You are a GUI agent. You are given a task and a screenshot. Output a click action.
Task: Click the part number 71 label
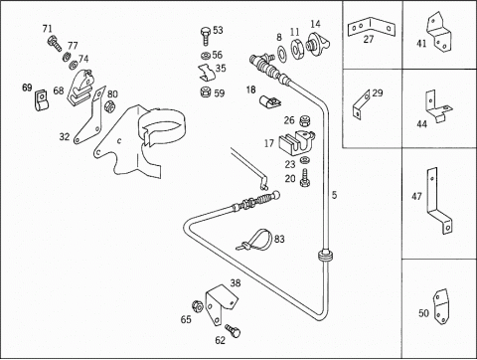(48, 29)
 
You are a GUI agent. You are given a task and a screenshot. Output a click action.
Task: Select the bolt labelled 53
(206, 37)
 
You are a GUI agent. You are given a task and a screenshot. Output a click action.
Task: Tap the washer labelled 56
(205, 55)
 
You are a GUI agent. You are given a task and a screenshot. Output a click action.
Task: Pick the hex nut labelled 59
(206, 91)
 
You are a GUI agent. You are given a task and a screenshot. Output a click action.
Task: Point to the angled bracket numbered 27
(371, 28)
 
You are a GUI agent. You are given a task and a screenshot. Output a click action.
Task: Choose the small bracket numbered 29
(361, 104)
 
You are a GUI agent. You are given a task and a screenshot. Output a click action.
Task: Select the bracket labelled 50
(441, 306)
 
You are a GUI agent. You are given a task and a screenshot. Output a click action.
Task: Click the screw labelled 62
(233, 330)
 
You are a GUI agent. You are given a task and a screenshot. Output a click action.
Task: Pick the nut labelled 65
(198, 306)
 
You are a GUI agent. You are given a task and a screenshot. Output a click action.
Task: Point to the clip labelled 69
(42, 100)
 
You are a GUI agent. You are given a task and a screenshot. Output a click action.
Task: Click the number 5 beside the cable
(334, 195)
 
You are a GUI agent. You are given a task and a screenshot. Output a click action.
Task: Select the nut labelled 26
(304, 120)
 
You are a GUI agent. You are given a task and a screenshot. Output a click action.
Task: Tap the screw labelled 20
(304, 178)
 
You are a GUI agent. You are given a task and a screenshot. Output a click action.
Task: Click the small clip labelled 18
(269, 101)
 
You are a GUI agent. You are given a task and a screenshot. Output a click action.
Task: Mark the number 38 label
(236, 283)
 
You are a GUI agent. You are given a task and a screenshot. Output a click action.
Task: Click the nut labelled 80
(109, 106)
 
